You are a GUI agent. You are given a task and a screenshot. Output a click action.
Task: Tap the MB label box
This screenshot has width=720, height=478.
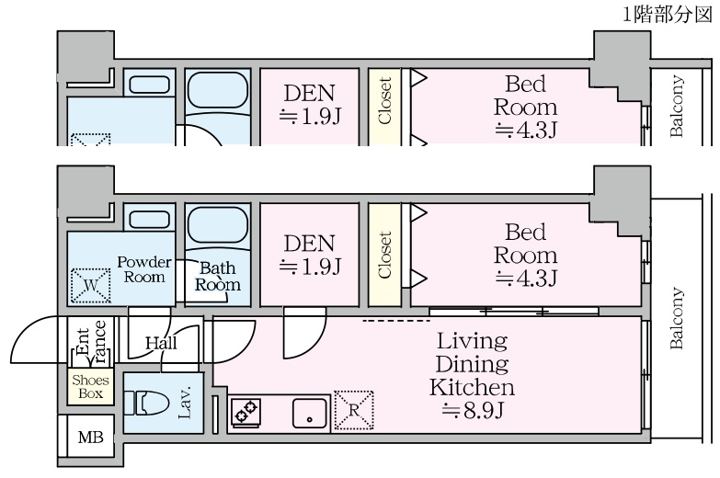point(90,438)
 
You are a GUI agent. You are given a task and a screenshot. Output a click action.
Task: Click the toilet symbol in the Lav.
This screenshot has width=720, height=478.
point(148,403)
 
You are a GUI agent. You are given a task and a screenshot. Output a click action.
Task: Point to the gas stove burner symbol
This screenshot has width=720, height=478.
point(245,413)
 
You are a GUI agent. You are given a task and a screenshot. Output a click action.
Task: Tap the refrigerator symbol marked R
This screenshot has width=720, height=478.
point(355,410)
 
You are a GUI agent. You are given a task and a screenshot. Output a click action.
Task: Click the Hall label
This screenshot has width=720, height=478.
point(161,344)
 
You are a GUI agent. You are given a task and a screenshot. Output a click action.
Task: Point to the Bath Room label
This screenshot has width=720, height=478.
point(218,277)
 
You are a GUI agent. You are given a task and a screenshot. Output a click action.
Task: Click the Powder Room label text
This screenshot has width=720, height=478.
point(143,269)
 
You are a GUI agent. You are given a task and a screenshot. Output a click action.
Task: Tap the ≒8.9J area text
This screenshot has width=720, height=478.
point(472,411)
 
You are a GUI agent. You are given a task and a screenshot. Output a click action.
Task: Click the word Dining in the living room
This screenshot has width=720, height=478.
point(472,364)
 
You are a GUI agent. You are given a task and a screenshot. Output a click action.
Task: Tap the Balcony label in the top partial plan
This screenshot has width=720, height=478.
point(677,106)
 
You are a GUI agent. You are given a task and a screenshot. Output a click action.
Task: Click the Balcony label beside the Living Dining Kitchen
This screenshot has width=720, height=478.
point(677,319)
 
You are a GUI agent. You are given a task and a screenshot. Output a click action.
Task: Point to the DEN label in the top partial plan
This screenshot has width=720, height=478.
point(309,93)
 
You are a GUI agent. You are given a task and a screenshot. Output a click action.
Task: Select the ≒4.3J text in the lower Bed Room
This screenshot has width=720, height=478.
point(525,277)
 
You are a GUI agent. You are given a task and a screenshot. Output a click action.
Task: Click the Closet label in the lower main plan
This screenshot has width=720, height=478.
point(384,255)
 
